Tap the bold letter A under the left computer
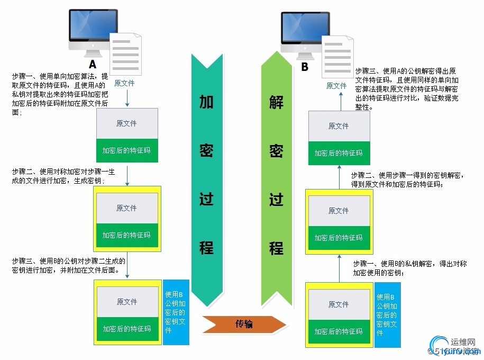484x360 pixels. [x=93, y=65]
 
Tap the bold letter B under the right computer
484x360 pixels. [x=305, y=67]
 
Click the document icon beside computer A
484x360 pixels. [x=126, y=53]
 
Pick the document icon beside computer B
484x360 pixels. [x=338, y=54]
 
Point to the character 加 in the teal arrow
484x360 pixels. [x=206, y=102]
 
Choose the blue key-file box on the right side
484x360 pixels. [x=388, y=314]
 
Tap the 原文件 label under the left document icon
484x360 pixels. [x=124, y=83]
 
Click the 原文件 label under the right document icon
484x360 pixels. [x=336, y=85]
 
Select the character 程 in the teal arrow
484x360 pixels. [x=206, y=247]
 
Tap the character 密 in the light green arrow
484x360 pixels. [x=276, y=151]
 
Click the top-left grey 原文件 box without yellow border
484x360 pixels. [x=126, y=123]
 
